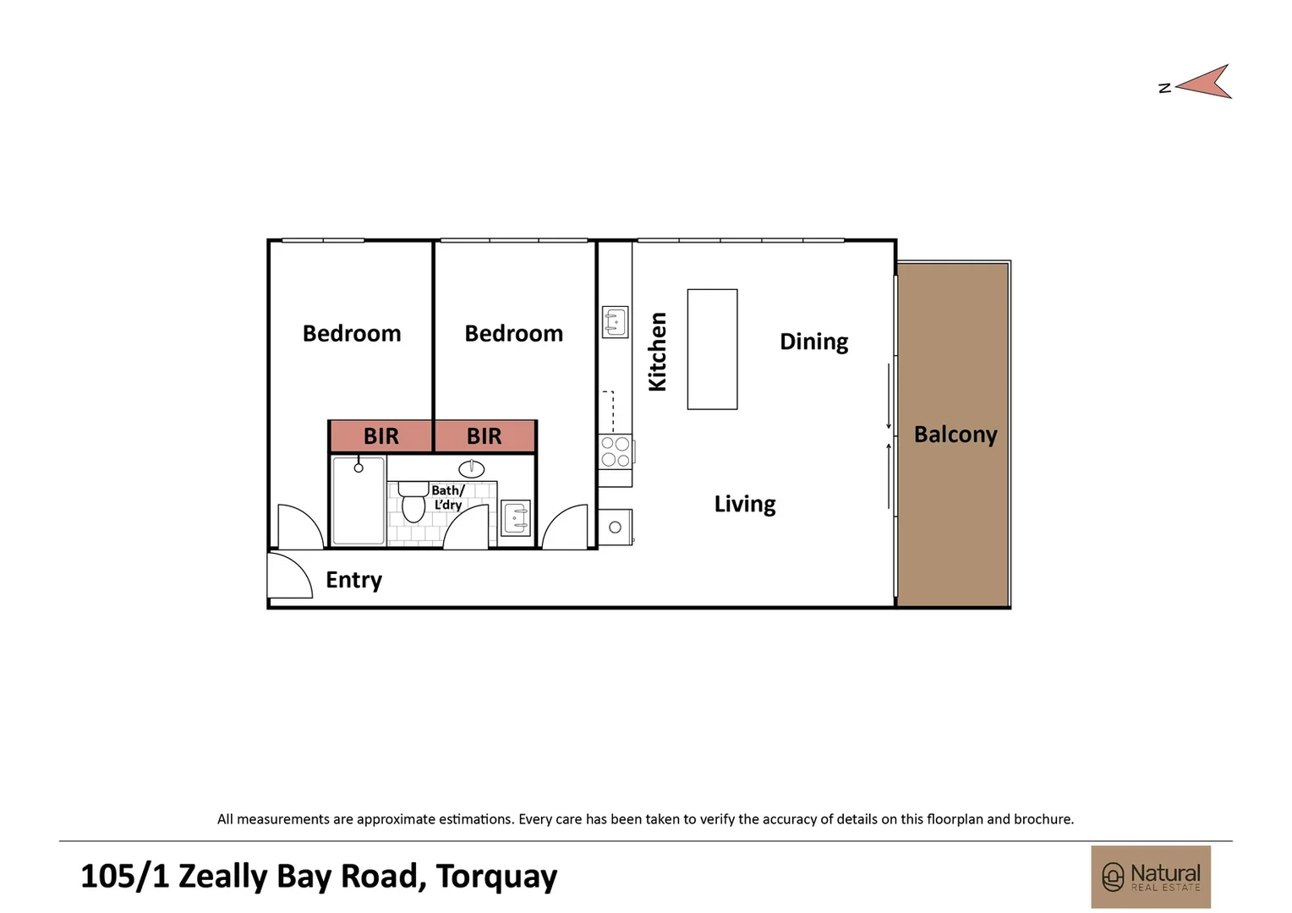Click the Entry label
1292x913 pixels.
pos(353,580)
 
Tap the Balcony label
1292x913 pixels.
pos(955,435)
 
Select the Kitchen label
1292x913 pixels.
pos(658,352)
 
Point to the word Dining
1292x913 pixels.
pos(813,342)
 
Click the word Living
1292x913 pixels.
pos(744,504)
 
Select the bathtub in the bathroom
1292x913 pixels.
pos(359,500)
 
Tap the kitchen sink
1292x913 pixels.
pos(615,322)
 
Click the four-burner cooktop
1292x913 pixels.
pos(616,452)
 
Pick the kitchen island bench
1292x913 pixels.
pos(712,349)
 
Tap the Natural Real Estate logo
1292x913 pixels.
pos(1151,877)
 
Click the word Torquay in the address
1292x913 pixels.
pos(496,877)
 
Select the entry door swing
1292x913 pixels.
pos(289,577)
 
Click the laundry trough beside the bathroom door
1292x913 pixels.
pos(516,518)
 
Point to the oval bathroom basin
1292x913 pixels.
pos(472,468)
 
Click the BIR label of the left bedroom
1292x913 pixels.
pos(380,436)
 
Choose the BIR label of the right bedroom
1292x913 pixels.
pos(484,436)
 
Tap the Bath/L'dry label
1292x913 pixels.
pos(448,497)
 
